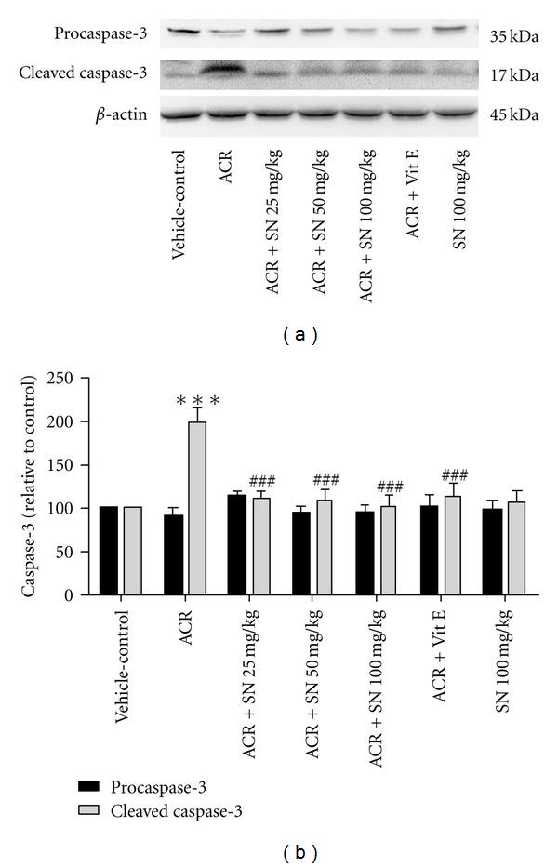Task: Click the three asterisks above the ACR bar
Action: click(197, 402)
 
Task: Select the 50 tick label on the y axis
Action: click(63, 552)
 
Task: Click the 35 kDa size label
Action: click(514, 37)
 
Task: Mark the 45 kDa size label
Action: click(514, 115)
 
